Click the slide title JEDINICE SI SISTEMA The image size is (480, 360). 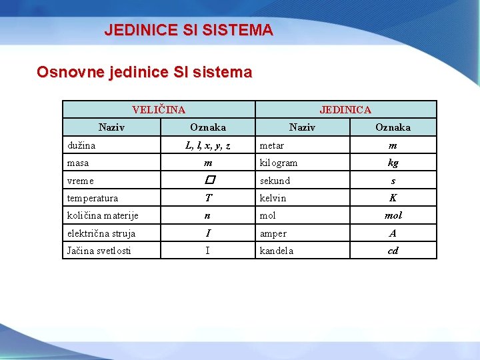[x=189, y=30]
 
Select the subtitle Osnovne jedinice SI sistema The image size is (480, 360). [x=144, y=72]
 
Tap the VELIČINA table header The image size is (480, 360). [x=159, y=109]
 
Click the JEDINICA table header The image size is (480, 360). [x=345, y=109]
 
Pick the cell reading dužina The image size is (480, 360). [x=81, y=145]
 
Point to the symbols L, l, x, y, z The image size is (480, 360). [x=208, y=145]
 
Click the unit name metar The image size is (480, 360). [x=271, y=145]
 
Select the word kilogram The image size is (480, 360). [x=279, y=163]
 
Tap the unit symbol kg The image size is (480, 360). [x=393, y=163]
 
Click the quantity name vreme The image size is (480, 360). [x=81, y=181]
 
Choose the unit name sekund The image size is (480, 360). [x=275, y=181]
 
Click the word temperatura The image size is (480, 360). [x=93, y=198]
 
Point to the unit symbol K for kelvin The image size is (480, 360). [x=393, y=198]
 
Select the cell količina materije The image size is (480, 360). [x=103, y=215]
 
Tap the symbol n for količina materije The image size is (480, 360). [x=209, y=215]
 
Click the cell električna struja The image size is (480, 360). [x=101, y=233]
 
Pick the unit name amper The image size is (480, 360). [x=273, y=233]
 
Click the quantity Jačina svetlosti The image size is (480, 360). [x=99, y=251]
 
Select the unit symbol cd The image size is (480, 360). [x=393, y=251]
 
